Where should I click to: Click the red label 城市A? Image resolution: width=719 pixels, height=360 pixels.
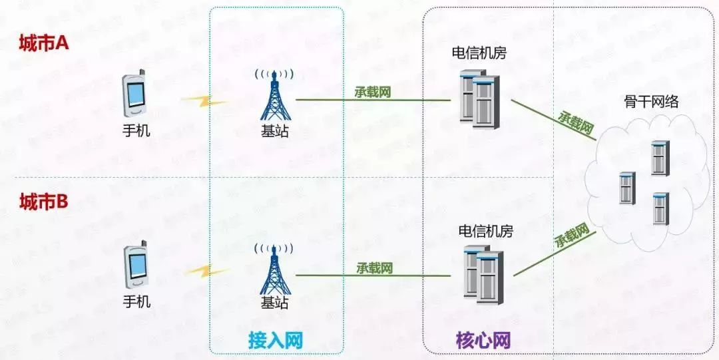44,44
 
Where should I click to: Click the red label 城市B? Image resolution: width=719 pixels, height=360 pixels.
44,201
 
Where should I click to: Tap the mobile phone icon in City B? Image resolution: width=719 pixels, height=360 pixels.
137,265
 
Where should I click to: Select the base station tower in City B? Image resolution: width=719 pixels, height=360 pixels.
274,268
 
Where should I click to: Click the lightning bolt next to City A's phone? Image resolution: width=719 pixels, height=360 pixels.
203,102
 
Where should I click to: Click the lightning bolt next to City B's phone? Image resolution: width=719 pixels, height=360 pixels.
206,271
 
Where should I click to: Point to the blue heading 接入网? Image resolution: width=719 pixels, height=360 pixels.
276,341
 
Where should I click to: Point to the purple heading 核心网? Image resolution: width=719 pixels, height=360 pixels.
483,341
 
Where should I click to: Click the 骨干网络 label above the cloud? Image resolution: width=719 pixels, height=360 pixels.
651,102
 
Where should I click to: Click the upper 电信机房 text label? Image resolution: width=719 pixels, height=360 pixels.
478,53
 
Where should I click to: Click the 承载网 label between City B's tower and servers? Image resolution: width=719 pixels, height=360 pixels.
374,268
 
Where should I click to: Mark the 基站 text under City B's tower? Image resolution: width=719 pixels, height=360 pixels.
274,302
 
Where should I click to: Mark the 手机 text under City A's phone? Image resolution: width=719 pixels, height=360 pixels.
136,130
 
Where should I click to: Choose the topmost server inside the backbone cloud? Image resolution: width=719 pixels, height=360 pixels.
660,158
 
